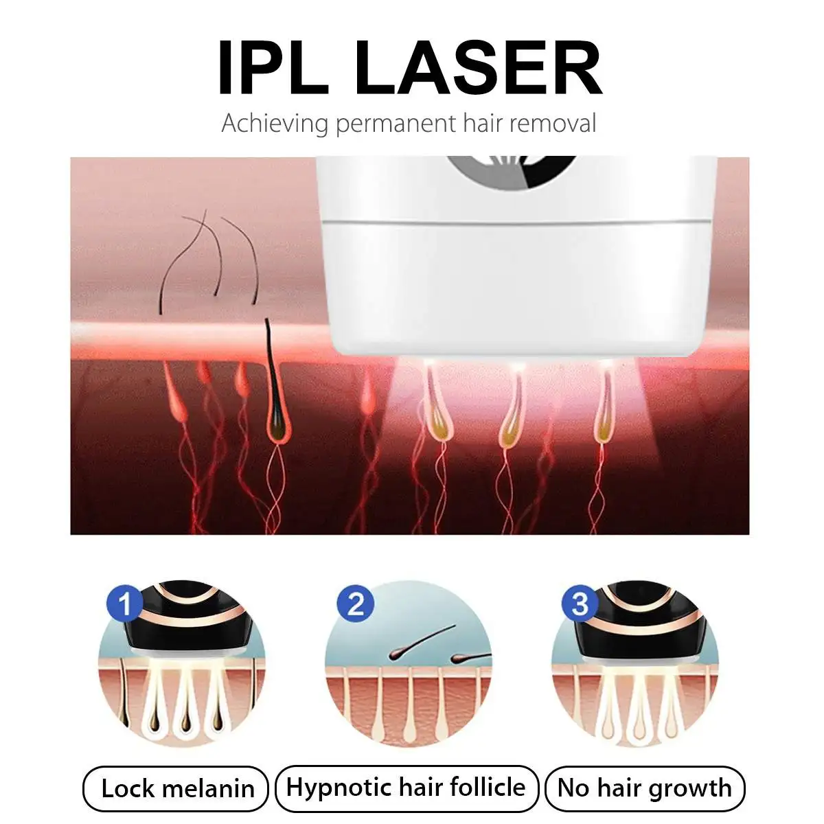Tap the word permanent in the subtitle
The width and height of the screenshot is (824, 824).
pos(396,124)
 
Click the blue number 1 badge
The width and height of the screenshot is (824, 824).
pos(125,603)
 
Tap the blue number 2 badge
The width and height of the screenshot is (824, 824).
pos(355,604)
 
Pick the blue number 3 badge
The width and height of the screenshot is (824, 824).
pos(580,603)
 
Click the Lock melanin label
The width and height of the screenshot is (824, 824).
pos(176,788)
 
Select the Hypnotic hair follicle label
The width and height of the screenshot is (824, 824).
pos(407,787)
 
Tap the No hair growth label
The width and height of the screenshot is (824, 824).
pos(645,788)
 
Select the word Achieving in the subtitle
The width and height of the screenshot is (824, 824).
pos(275,124)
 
